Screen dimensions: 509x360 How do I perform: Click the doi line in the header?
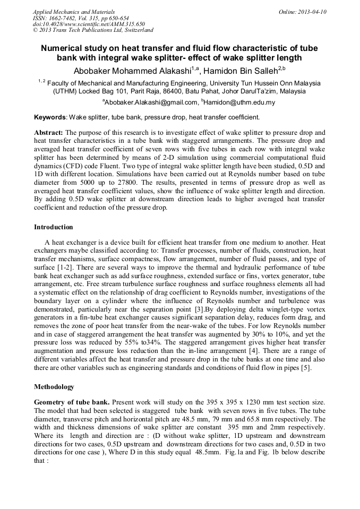click(89, 24)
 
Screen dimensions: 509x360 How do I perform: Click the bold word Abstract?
click(49, 132)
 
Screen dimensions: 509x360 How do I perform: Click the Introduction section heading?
click(54, 227)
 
